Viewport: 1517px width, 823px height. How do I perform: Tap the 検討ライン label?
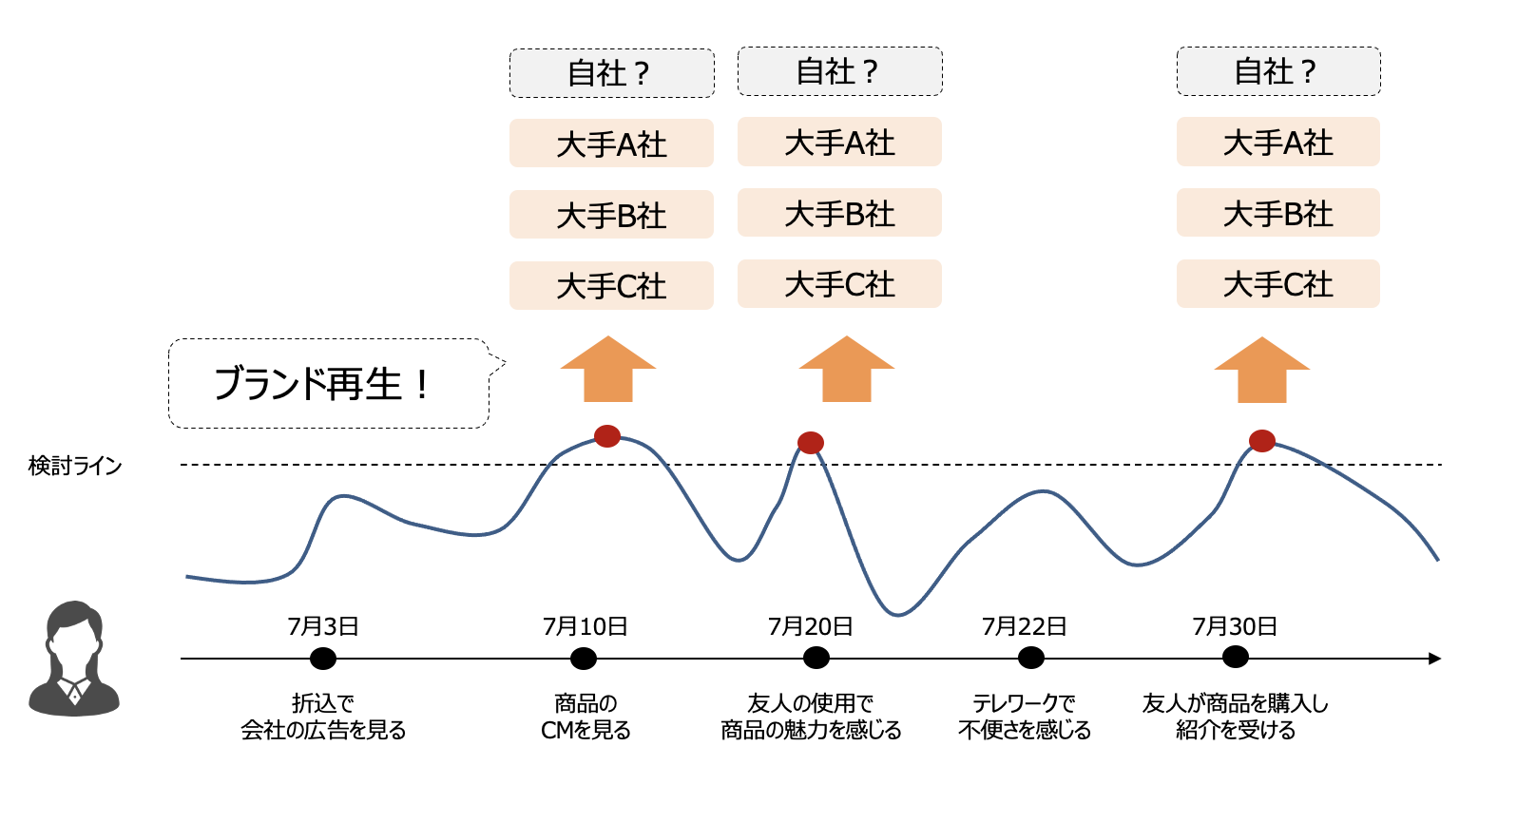coord(75,466)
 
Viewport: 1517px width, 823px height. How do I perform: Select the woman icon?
coord(74,659)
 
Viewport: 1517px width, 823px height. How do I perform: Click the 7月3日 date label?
coord(323,626)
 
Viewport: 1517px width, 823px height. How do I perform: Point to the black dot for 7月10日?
coord(584,659)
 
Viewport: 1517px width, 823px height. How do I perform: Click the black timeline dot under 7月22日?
coord(1030,658)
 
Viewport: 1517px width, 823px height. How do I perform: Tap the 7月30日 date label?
coord(1235,626)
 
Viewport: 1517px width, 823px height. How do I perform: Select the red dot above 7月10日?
coord(607,436)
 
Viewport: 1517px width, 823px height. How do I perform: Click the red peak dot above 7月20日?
coord(811,442)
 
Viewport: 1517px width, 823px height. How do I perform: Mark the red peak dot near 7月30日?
coord(1261,441)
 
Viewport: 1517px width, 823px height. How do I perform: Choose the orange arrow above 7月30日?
coord(1261,370)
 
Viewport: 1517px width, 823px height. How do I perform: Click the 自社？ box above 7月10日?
coord(611,73)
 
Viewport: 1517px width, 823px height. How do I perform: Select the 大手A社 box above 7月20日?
coord(839,143)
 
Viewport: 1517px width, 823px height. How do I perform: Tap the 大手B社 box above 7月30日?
coord(1277,214)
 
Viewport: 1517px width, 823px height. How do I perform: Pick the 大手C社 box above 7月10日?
coord(611,285)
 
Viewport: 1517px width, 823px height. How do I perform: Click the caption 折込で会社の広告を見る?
coord(323,717)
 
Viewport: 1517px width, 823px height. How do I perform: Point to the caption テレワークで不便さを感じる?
coord(1025,717)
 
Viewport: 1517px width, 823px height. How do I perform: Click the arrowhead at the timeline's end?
coord(1434,659)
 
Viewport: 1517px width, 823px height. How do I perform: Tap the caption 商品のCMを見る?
coord(586,717)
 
